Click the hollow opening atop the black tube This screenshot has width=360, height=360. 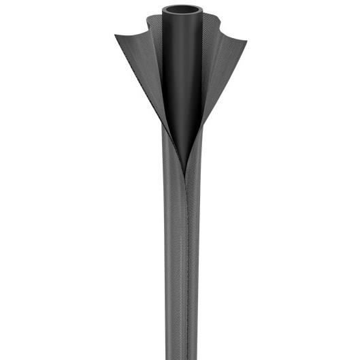(x=182, y=10)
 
